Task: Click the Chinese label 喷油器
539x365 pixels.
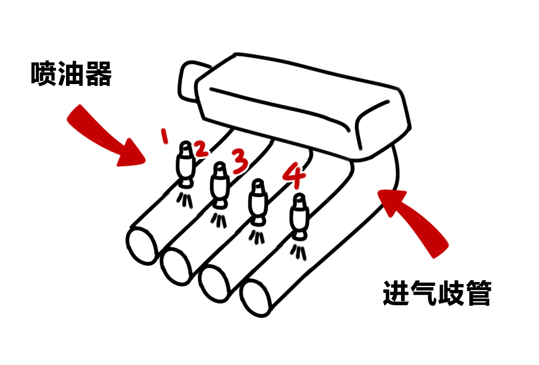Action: (71, 74)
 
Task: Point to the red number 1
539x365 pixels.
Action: (164, 135)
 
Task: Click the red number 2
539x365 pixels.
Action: (201, 150)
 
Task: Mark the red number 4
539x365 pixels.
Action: (294, 176)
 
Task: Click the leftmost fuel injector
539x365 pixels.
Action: (185, 164)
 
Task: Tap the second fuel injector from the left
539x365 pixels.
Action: (220, 185)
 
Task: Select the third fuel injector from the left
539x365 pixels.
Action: (258, 202)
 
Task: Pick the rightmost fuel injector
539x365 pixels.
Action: (300, 216)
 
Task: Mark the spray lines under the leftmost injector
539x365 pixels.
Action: (185, 199)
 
